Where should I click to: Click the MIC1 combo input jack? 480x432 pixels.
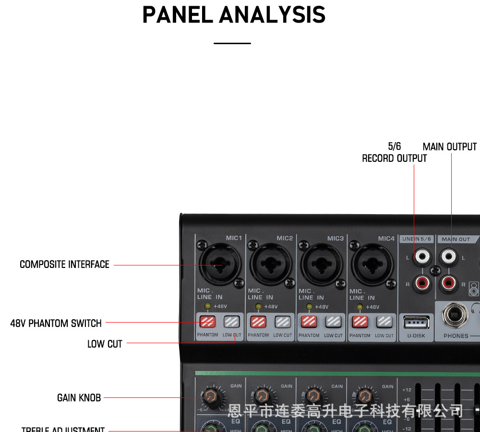point(219,264)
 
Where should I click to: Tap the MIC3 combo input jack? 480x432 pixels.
point(321,264)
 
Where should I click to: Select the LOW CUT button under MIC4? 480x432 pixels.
point(384,321)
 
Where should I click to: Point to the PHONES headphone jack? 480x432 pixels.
point(453,316)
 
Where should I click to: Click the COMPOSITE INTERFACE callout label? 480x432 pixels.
point(64,264)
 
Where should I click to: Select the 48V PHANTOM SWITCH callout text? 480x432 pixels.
point(56,323)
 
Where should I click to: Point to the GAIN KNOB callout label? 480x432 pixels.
point(79,397)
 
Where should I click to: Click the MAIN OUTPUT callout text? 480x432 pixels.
point(450,147)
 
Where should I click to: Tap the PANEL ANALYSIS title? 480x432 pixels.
point(234,15)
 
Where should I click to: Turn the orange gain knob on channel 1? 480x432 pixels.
point(210,397)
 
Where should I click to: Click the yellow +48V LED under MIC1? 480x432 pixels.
point(207,306)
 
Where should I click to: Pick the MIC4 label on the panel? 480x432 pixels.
point(386,239)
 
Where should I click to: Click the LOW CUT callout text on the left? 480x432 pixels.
point(105,344)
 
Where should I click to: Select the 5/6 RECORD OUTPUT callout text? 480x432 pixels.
point(394,153)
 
